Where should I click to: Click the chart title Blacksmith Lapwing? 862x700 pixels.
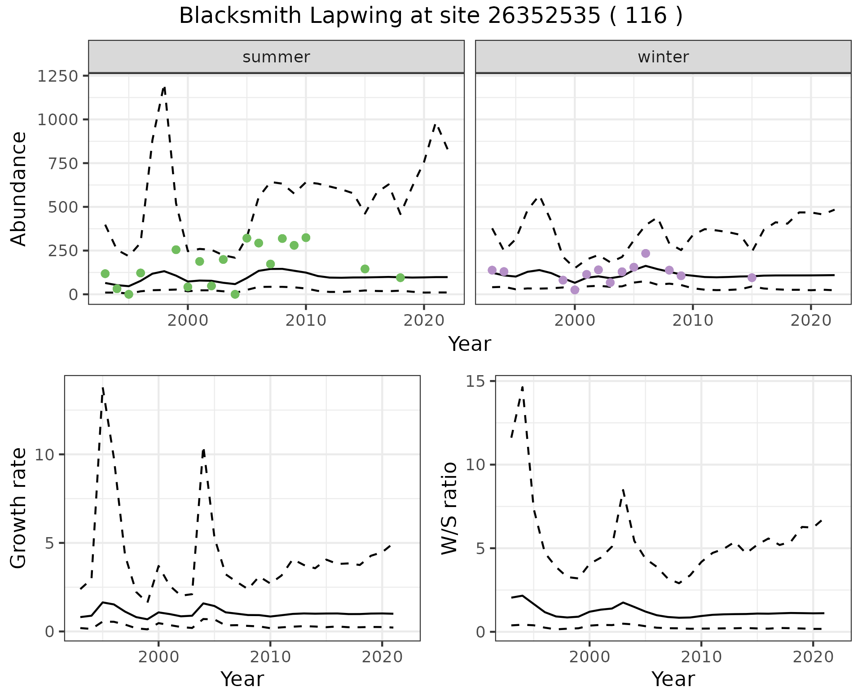tap(430, 16)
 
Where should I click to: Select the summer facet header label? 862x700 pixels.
tap(276, 57)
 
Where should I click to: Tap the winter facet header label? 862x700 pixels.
tap(663, 57)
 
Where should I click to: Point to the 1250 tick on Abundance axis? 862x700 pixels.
tap(58, 76)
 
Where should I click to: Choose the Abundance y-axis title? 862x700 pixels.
tap(19, 189)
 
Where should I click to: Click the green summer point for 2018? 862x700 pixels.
tap(400, 278)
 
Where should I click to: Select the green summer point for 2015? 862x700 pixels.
tap(365, 269)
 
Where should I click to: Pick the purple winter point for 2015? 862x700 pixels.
tap(752, 278)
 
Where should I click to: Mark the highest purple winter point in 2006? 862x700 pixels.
tap(646, 254)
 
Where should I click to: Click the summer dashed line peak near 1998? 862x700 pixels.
tap(165, 87)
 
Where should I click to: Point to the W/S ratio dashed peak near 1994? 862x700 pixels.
tap(522, 387)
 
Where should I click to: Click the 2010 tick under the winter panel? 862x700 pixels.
tap(693, 320)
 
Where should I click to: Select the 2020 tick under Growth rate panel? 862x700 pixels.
tap(382, 657)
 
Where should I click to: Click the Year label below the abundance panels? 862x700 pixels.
tap(470, 344)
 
